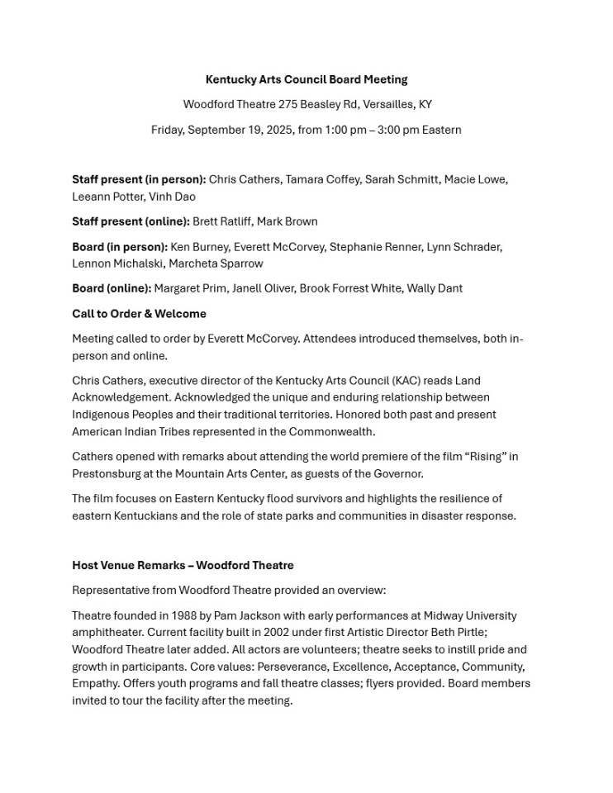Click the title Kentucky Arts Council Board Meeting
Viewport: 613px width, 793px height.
[x=306, y=80]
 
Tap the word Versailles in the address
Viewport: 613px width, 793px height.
[x=388, y=105]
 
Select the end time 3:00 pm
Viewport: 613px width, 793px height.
[x=398, y=130]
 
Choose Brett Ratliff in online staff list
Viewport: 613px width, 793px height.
[x=221, y=221]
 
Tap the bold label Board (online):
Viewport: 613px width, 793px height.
[x=112, y=288]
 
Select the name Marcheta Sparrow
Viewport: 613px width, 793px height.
[x=216, y=264]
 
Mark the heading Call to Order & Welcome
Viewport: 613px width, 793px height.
[x=139, y=314]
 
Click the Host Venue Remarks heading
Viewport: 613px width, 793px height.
[x=183, y=566]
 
